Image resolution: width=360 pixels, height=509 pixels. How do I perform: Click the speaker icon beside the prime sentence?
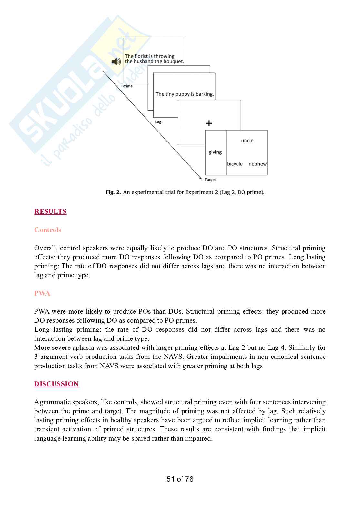116,62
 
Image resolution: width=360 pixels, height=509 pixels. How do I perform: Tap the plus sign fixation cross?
209,123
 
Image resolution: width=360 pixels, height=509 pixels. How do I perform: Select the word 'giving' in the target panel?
215,152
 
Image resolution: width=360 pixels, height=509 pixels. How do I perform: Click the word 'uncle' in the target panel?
247,141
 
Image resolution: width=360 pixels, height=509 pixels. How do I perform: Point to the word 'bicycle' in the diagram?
235,164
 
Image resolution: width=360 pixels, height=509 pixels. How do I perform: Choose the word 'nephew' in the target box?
257,164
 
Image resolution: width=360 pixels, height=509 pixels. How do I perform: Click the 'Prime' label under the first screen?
127,86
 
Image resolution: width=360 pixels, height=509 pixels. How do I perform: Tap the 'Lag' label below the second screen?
158,122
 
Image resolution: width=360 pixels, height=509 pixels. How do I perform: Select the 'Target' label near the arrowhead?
210,180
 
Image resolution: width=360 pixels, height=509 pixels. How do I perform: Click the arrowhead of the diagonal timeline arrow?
200,177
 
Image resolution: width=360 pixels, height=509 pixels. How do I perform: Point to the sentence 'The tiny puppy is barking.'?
185,94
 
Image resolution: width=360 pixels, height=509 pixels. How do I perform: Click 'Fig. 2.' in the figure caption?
113,192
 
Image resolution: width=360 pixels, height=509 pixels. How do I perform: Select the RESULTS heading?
50,211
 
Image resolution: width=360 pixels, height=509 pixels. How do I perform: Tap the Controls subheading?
47,230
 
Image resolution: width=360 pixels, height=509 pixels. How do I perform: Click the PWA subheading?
42,293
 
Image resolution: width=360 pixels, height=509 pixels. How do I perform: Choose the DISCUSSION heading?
56,384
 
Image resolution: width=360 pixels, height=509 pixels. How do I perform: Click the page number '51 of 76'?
180,479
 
